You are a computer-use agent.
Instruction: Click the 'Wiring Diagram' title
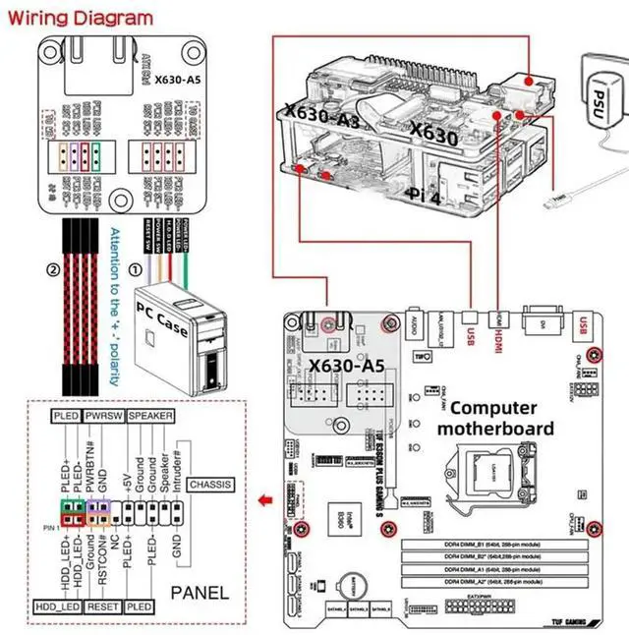(x=78, y=18)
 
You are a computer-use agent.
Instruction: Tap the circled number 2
(x=51, y=266)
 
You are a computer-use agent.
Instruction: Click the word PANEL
(x=200, y=592)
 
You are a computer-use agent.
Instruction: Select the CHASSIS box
(x=211, y=484)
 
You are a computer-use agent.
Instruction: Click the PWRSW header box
(x=103, y=417)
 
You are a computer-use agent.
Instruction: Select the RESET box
(x=103, y=606)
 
